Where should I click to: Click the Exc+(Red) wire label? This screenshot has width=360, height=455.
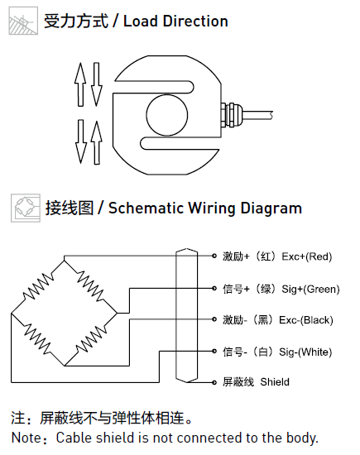[306, 256]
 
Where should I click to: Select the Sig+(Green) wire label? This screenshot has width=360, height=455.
[310, 289]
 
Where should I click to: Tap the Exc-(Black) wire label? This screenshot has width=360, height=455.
[305, 320]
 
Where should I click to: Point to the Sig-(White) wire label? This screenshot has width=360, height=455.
[305, 352]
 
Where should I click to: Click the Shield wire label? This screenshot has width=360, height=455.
[275, 382]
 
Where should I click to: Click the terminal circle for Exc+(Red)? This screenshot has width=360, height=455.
[214, 256]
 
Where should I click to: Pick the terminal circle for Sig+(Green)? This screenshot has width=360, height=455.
[214, 289]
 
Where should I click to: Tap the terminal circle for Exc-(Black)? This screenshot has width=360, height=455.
[214, 319]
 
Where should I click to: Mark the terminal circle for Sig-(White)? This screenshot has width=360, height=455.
[214, 351]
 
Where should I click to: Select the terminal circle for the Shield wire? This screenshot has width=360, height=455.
[214, 382]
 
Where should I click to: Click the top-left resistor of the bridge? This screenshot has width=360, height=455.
[38, 286]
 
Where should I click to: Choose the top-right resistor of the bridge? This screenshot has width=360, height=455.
[89, 285]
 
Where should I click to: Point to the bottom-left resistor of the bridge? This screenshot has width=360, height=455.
[37, 338]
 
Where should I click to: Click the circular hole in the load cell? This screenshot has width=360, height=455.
[167, 115]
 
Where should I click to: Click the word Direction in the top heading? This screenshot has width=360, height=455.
[195, 22]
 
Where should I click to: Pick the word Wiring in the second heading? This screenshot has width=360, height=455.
[212, 208]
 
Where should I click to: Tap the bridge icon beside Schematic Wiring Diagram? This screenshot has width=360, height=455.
[26, 208]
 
